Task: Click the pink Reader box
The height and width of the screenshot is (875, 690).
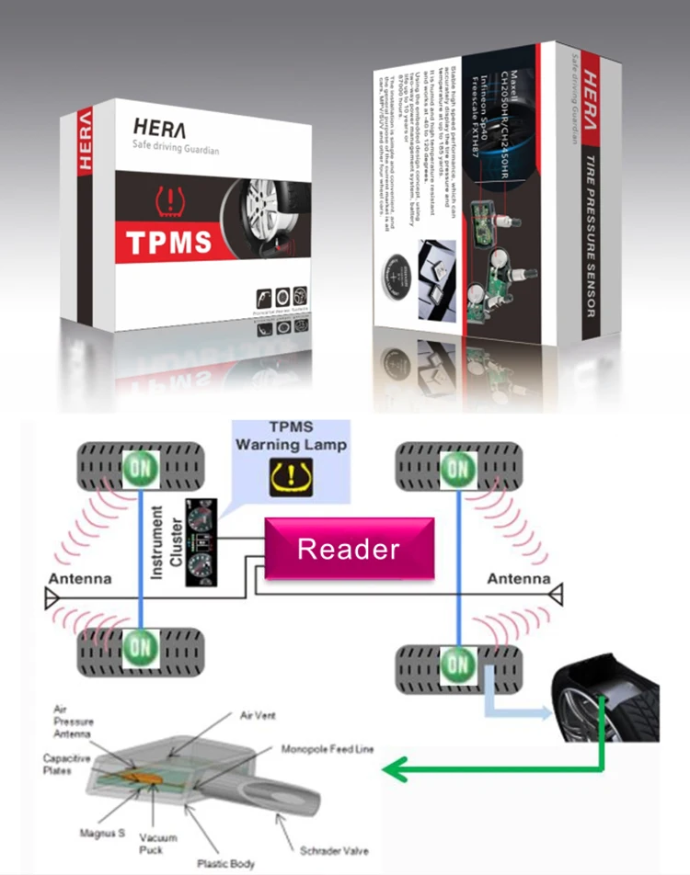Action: (349, 549)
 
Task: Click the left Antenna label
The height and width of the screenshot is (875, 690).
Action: (81, 579)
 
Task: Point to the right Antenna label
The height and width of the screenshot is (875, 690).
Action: (518, 579)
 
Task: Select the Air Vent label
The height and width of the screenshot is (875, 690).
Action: (260, 714)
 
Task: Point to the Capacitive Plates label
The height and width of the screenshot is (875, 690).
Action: (63, 764)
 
